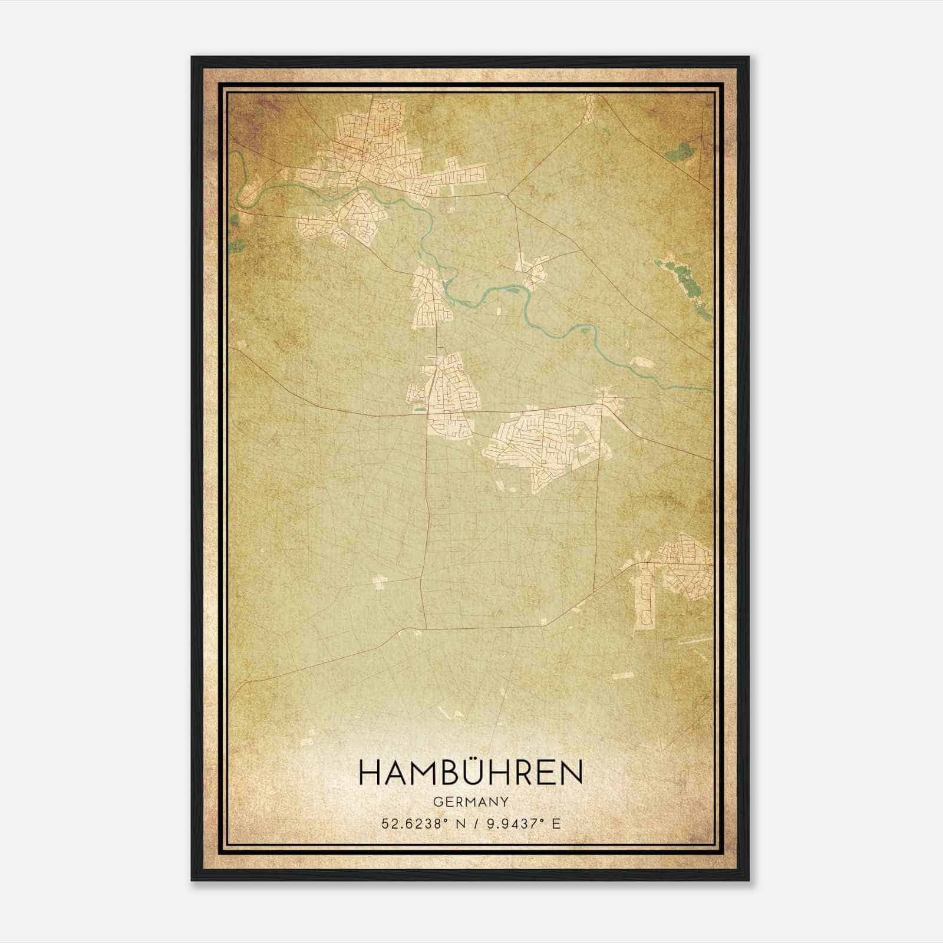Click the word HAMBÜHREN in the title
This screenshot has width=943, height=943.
[471, 773]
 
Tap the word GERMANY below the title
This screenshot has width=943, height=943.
[471, 802]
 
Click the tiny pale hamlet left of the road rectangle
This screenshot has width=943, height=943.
[378, 582]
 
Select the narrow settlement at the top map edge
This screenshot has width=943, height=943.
[589, 109]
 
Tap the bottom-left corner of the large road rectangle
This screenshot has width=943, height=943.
[425, 628]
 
